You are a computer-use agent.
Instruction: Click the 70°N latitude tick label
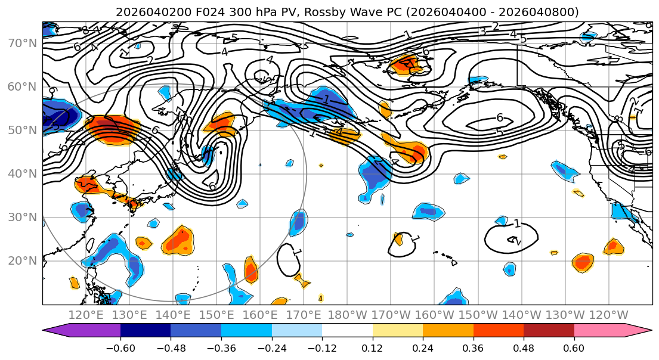click(21, 44)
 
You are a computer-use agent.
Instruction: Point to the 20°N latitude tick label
click(21, 261)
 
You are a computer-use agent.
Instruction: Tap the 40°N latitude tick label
click(21, 174)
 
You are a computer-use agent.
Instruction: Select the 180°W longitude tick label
click(348, 315)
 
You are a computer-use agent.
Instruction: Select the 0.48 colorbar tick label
click(524, 348)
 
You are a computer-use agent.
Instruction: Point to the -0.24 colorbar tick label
click(271, 348)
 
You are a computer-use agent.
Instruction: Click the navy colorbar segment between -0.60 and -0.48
click(146, 331)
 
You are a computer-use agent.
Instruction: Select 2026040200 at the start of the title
click(143, 12)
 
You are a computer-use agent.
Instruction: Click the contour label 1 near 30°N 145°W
click(516, 224)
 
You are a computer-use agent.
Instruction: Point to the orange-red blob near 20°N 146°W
click(583, 262)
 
